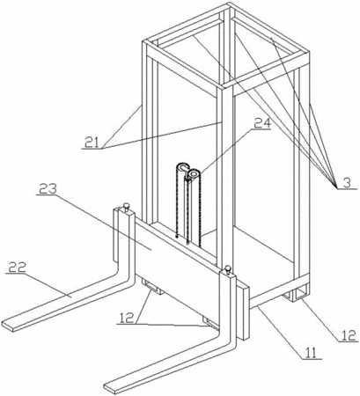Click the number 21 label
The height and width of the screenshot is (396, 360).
[x=92, y=143]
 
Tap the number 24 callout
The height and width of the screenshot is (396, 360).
[x=262, y=123]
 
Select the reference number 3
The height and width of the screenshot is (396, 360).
[x=347, y=183]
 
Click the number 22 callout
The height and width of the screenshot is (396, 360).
[x=18, y=267]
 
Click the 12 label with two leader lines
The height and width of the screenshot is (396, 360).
[x=126, y=318]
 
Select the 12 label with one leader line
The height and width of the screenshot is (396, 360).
[x=348, y=335]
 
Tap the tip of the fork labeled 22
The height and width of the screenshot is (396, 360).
[x=8, y=326]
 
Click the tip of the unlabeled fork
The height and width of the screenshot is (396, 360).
[x=110, y=388]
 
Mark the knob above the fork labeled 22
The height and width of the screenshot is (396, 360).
[x=127, y=207]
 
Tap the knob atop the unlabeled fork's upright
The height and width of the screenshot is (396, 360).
[x=227, y=269]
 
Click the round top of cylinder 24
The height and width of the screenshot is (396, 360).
[x=194, y=174]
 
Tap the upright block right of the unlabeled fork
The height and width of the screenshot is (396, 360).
[x=243, y=311]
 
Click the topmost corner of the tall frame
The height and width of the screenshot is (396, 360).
[x=229, y=3]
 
